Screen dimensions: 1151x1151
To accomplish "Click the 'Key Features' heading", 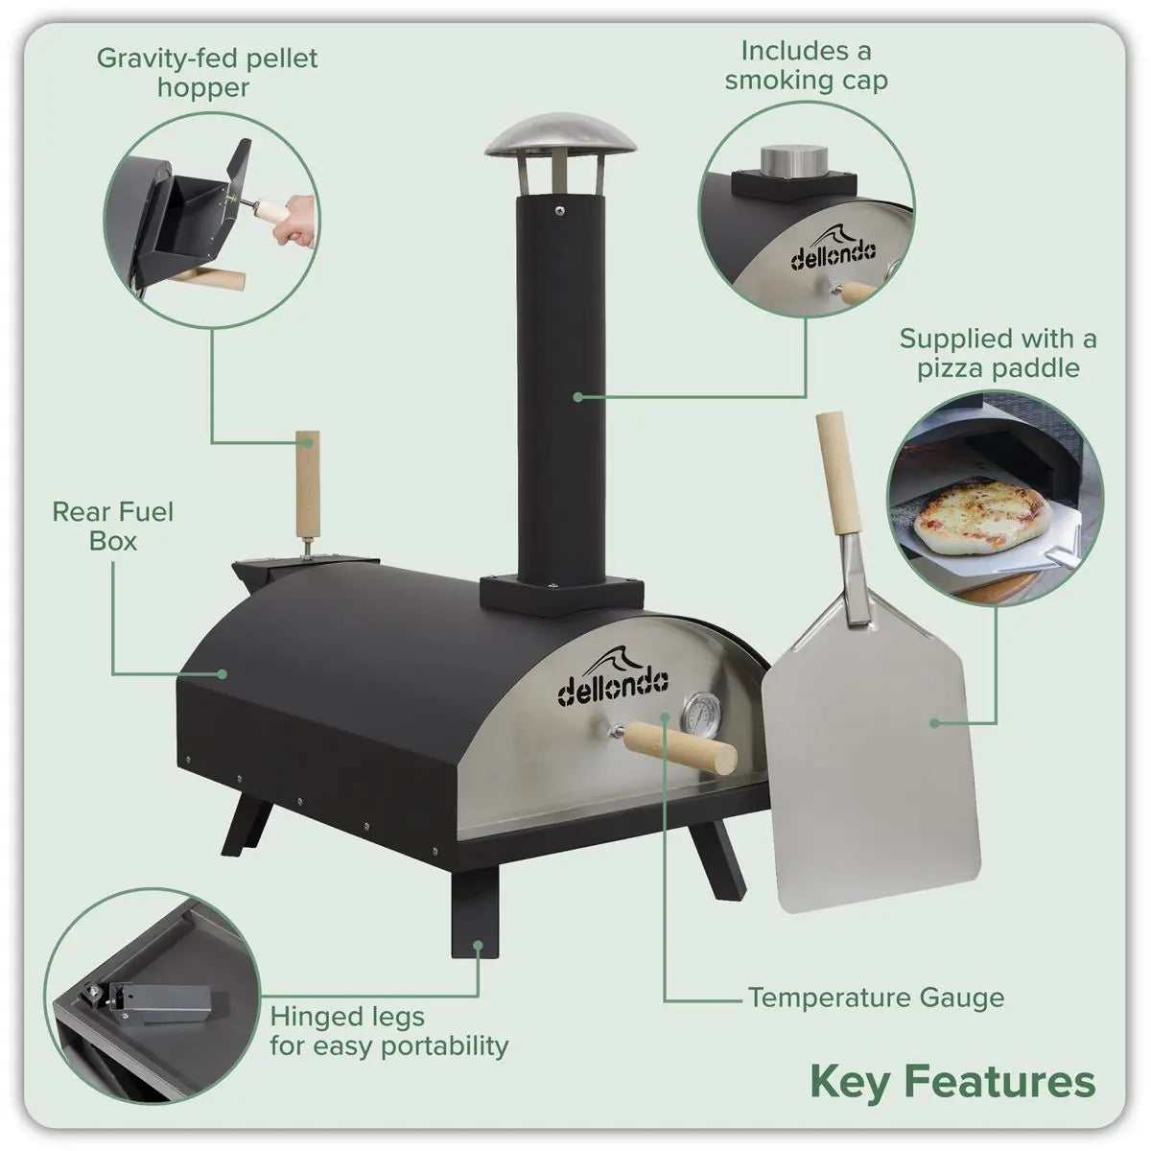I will click(951, 1081).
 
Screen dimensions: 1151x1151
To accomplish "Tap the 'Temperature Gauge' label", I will click(876, 998).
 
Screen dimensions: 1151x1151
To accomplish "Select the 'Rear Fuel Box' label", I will click(113, 526).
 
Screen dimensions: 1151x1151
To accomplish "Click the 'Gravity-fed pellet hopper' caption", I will click(206, 73).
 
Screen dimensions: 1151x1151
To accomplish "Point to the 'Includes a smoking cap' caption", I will click(806, 64).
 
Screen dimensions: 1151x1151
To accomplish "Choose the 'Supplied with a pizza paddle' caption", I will click(998, 353).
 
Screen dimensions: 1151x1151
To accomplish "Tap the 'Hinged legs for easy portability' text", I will click(388, 1030).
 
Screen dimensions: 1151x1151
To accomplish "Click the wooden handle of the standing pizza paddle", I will click(839, 474).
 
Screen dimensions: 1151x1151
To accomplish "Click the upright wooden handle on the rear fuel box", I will click(307, 485).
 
